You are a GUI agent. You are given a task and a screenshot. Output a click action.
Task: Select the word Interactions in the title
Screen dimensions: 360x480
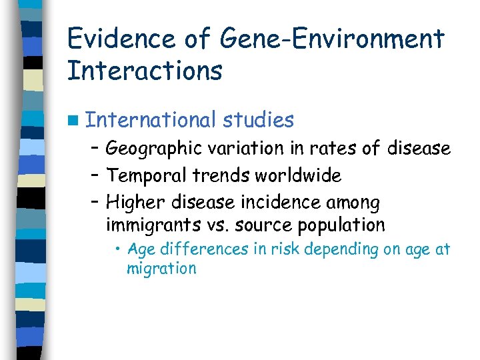(145, 71)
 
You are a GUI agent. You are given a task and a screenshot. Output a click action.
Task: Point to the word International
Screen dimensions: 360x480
(151, 120)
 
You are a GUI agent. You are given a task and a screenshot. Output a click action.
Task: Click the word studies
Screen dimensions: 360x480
(259, 120)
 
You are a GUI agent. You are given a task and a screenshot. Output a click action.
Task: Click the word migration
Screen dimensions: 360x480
(161, 269)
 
